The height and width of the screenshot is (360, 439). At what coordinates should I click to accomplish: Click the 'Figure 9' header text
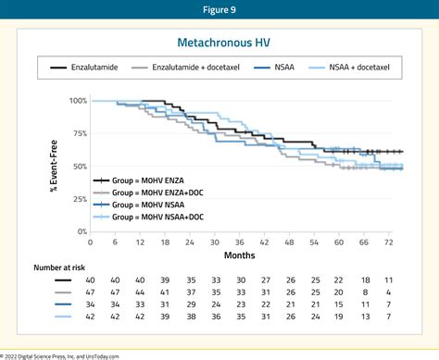pyautogui.click(x=219, y=12)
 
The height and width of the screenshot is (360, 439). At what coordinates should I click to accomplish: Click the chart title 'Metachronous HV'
pyautogui.click(x=219, y=43)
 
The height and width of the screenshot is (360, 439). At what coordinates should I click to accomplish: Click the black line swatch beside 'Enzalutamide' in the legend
pyautogui.click(x=56, y=68)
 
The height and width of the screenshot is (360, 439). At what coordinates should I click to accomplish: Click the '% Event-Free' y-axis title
pyautogui.click(x=54, y=166)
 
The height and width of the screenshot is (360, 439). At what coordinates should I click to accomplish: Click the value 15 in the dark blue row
pyautogui.click(x=365, y=303)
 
